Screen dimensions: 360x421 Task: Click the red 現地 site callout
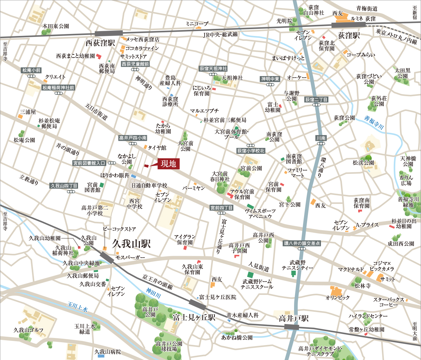coord(168,164)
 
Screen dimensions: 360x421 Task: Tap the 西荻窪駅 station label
coord(100,43)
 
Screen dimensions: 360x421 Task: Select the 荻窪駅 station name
coord(349,35)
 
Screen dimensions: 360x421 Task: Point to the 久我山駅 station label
coord(131,244)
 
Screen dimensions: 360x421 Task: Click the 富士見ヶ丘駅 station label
coord(194,317)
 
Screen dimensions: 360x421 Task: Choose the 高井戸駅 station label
coord(294,319)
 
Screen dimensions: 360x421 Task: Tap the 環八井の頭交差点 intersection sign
coord(302,243)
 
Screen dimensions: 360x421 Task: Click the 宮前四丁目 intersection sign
coord(222,208)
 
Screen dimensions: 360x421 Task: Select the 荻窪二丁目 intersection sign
coord(316,100)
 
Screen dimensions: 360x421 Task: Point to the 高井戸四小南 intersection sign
coord(133,138)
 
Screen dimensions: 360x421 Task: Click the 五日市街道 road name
coord(96,112)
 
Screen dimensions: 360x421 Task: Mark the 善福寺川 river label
coord(374,123)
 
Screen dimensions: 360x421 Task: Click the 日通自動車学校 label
coord(149,186)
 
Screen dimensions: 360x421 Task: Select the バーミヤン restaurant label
coord(193,188)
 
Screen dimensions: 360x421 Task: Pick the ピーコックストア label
coord(119,229)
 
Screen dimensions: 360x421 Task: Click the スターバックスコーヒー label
coord(389,302)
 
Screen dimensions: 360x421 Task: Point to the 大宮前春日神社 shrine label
coord(220,176)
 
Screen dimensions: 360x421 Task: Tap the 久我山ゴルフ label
coord(28,330)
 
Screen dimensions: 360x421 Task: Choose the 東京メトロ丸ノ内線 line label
coord(396,36)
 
